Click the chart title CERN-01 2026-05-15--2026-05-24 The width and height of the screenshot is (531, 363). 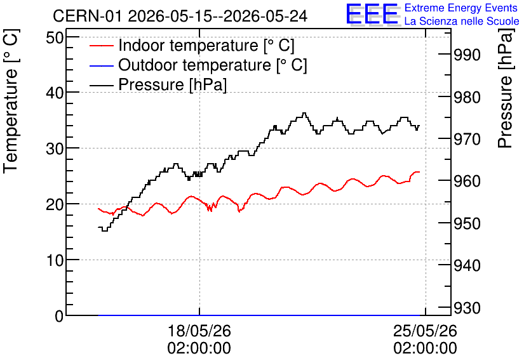pos(180,16)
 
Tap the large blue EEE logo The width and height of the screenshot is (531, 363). pos(372,14)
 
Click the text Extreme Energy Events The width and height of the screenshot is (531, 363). pos(461,8)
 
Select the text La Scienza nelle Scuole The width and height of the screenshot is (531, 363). pos(462,21)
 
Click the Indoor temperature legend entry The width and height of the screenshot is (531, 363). pos(192,45)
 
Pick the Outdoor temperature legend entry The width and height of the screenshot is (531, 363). pos(198,65)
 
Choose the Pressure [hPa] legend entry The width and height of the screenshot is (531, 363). pos(158,84)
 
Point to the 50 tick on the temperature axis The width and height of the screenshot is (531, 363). pos(55,37)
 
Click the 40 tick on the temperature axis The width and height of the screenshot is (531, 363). pos(55,93)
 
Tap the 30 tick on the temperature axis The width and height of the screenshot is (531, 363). pos(55,148)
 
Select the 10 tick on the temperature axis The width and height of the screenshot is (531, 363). pos(55,260)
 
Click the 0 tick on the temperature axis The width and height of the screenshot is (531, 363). pos(59,316)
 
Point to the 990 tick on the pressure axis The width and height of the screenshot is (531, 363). pos(467,55)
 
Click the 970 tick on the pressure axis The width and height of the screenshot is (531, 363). pos(467,139)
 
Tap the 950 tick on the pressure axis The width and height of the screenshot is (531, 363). pos(467,223)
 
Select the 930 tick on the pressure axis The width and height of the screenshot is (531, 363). pos(467,308)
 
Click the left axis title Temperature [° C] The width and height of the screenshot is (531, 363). pos(11,102)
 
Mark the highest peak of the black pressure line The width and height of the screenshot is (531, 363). pos(304,113)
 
